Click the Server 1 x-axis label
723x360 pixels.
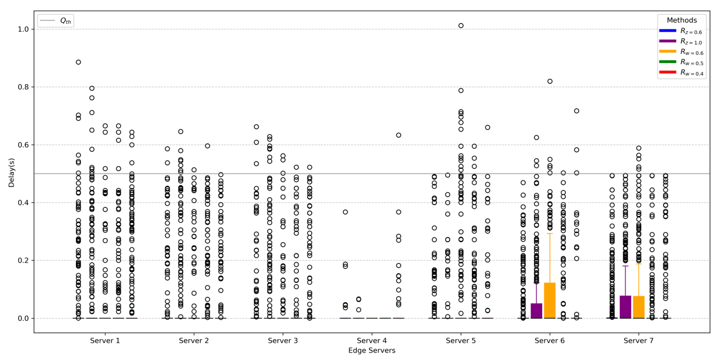[x=105, y=341]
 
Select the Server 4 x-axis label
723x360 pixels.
[x=372, y=341]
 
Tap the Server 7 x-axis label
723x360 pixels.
[x=639, y=341]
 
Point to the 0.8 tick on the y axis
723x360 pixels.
[x=23, y=87]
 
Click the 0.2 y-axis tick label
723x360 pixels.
[x=23, y=261]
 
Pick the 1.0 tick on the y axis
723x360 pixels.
[x=23, y=29]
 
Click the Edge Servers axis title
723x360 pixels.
[x=371, y=351]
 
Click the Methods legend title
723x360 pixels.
[x=682, y=20]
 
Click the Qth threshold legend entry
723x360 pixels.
[x=56, y=21]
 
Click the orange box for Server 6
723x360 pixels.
[x=549, y=300]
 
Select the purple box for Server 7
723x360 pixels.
[x=625, y=307]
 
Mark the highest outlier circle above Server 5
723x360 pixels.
[x=461, y=26]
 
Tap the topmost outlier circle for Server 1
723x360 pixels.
[x=78, y=62]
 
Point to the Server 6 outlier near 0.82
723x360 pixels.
[x=550, y=81]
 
